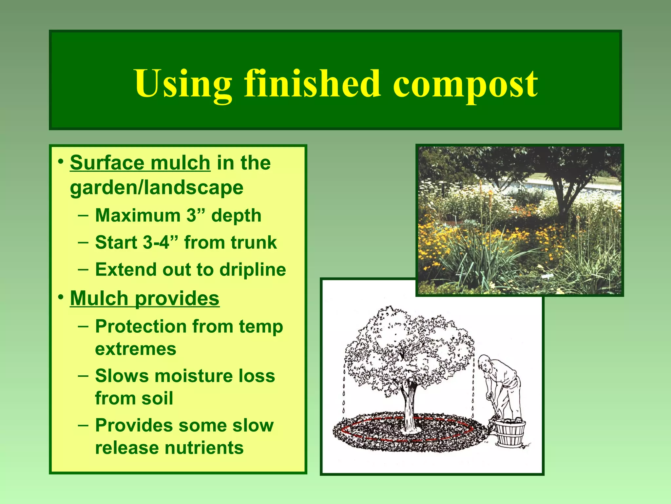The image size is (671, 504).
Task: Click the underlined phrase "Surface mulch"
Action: coord(140,163)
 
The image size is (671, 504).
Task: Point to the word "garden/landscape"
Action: coord(157,188)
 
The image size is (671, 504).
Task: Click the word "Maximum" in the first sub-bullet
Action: coord(138,216)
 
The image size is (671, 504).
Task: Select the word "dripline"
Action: coord(253,270)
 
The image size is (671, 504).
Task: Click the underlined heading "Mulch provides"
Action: coord(144,298)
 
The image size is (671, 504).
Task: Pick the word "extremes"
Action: coord(136,349)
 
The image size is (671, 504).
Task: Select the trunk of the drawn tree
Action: coord(409,407)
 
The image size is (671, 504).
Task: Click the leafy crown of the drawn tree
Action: coord(410,348)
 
